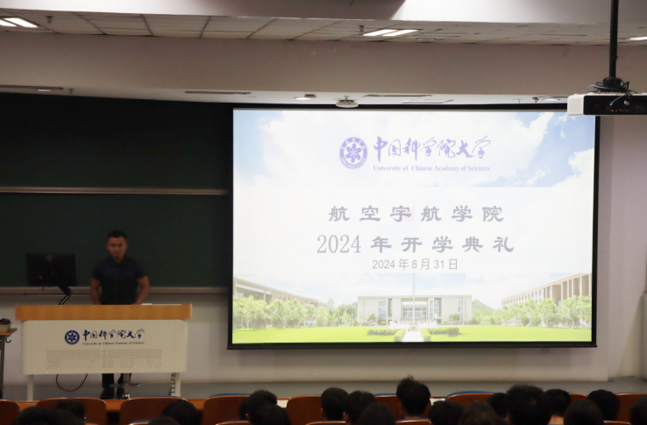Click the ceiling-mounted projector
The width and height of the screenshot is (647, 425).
(x=607, y=103)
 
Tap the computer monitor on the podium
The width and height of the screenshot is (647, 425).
(x=50, y=269)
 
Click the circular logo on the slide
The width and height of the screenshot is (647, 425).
(x=353, y=152)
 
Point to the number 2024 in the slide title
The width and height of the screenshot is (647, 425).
(x=338, y=244)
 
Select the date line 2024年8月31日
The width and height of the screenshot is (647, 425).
(x=415, y=264)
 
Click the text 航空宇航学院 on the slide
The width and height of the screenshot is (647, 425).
(x=416, y=214)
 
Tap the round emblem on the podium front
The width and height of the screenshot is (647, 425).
(x=72, y=336)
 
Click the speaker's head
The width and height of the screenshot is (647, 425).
(x=117, y=243)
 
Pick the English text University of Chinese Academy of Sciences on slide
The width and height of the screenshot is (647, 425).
(x=431, y=167)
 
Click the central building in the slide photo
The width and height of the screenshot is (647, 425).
(x=414, y=308)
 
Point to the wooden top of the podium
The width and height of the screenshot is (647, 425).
(x=103, y=312)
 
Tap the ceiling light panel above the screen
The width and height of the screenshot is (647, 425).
(x=391, y=32)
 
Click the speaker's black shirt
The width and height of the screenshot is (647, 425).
(x=118, y=280)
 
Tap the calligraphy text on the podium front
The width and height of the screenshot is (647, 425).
(x=113, y=335)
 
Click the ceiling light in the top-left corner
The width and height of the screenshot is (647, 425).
(x=18, y=22)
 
